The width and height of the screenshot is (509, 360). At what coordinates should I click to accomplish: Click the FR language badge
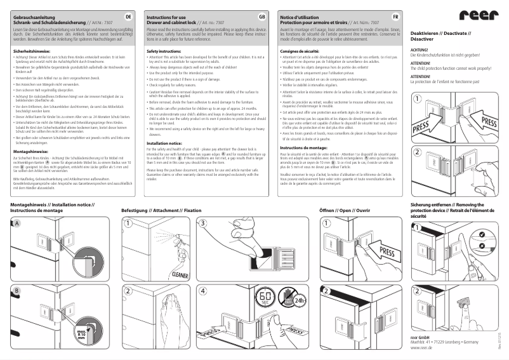click(395, 15)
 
